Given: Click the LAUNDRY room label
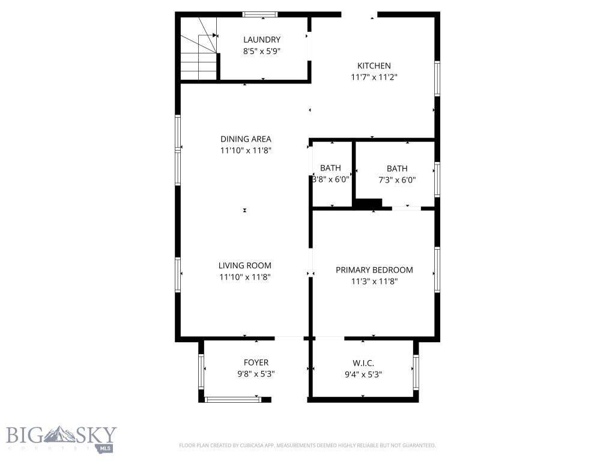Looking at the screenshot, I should click(262, 40).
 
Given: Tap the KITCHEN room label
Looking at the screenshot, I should click(374, 66).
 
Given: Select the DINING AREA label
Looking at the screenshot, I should click(246, 139).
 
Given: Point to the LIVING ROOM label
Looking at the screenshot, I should click(245, 265).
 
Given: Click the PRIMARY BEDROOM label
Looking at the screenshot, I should click(374, 270).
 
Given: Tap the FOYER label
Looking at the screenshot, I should click(256, 363).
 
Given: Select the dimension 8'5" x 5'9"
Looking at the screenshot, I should click(262, 52).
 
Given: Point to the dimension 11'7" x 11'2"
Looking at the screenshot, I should click(374, 77).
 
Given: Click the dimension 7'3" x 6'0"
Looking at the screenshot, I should click(396, 179).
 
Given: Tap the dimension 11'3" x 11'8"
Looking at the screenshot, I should click(374, 281).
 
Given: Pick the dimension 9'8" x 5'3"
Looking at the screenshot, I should click(256, 374).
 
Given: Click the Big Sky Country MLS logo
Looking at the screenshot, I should click(61, 438).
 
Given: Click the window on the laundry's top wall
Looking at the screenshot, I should click(259, 14).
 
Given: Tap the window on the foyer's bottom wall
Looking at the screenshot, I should click(231, 399).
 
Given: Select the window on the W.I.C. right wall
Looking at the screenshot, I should click(415, 372).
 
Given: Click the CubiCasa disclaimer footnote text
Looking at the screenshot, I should click(307, 445).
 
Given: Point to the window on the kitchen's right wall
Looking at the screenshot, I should click(437, 78).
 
